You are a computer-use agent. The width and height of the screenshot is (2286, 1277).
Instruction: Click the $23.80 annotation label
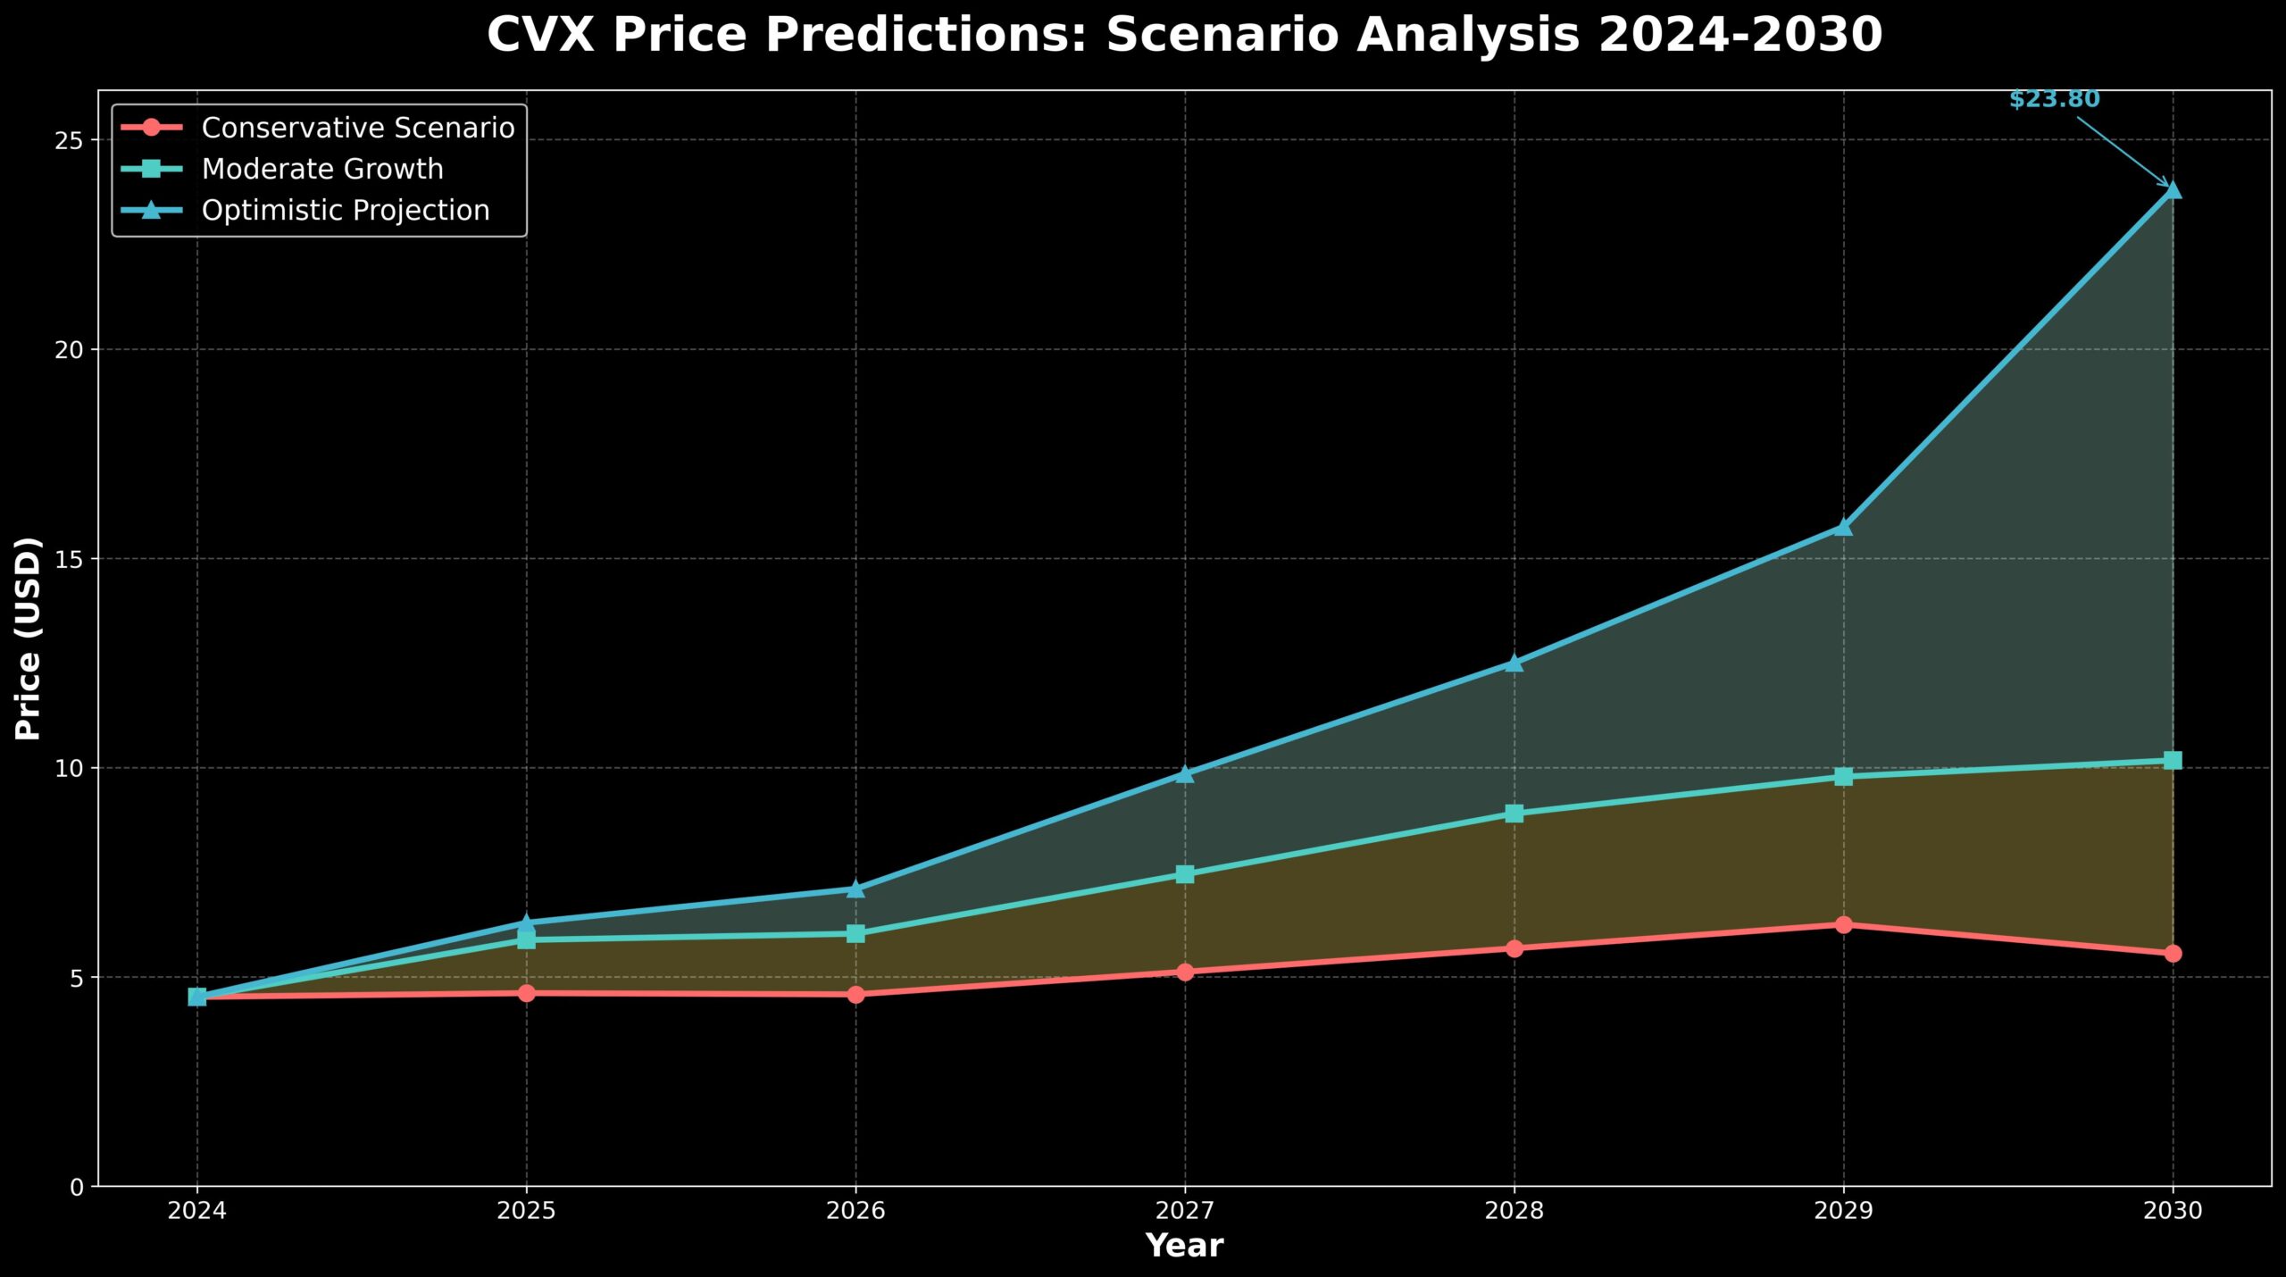[x=2054, y=99]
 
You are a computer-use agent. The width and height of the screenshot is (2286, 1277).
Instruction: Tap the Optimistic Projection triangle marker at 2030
[x=2172, y=190]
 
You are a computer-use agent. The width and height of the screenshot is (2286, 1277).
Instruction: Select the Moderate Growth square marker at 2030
[x=2172, y=760]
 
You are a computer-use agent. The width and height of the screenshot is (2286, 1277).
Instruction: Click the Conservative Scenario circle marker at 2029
[x=1843, y=924]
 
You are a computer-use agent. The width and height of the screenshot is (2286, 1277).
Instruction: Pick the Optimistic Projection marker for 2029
[x=1843, y=528]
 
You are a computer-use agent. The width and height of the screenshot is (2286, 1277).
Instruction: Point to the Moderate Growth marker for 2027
[x=1184, y=873]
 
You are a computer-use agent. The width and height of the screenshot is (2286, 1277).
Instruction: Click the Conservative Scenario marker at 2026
[x=855, y=994]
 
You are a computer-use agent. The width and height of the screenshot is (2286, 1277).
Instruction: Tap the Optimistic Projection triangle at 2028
[x=1514, y=663]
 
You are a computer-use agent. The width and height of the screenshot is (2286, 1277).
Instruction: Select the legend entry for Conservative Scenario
[x=357, y=128]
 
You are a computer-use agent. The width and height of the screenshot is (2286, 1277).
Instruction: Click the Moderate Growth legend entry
[x=321, y=169]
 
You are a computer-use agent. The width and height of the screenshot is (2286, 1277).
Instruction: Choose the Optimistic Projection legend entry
[x=345, y=210]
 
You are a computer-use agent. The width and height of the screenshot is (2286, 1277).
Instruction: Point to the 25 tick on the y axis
[x=71, y=140]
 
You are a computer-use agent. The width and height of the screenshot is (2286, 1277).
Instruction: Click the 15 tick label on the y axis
[x=71, y=559]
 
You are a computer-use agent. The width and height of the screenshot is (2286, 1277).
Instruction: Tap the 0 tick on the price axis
[x=77, y=1187]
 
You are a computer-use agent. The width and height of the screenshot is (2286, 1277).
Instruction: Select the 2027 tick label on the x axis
[x=1184, y=1211]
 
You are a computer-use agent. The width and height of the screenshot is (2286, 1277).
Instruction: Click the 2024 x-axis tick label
[x=196, y=1211]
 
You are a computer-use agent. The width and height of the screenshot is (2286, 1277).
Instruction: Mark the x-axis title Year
[x=1184, y=1246]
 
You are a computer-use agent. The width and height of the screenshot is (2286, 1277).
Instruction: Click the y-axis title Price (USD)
[x=29, y=638]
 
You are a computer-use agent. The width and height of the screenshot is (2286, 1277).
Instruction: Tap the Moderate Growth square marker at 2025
[x=526, y=939]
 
